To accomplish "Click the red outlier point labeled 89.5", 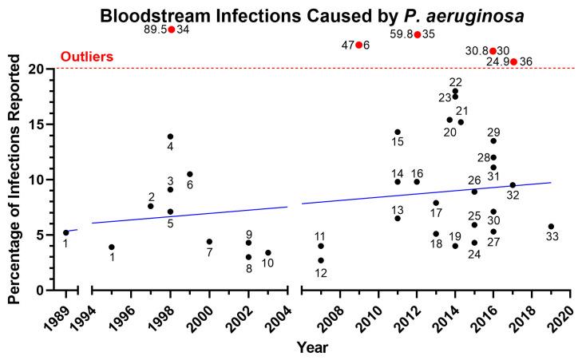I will click(x=171, y=30).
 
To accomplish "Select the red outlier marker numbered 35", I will click(x=418, y=34).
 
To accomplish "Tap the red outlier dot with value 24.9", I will click(x=513, y=61).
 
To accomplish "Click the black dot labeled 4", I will click(x=170, y=136).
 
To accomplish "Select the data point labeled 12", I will click(x=321, y=260).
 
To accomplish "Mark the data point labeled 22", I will click(x=455, y=91).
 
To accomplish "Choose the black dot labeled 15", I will click(x=398, y=133).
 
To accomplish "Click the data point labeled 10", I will click(x=268, y=253).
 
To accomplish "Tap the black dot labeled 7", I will click(x=209, y=242).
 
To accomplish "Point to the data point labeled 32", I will click(x=513, y=185).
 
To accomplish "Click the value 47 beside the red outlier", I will click(x=347, y=45).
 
